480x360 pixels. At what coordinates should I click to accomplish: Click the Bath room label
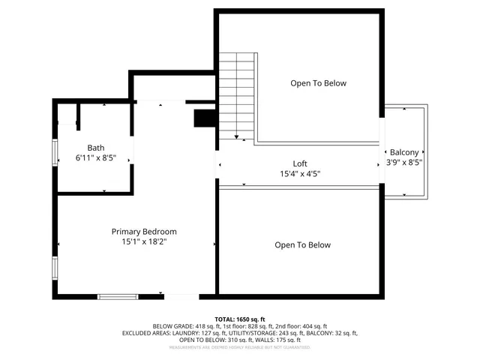[95, 148]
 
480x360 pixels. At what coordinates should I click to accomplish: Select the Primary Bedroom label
[144, 232]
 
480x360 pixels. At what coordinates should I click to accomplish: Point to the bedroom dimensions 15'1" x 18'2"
[144, 242]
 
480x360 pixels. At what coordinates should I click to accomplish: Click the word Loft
[299, 163]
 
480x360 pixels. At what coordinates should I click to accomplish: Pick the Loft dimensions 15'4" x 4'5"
[299, 174]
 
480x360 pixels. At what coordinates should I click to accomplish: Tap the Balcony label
[403, 151]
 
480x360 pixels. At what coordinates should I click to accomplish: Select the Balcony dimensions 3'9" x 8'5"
[404, 162]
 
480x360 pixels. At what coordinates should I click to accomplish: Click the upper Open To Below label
[318, 83]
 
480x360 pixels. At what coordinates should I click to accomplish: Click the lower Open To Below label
[302, 245]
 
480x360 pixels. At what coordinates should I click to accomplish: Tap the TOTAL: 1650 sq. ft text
[240, 319]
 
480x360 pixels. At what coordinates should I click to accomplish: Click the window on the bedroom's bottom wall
[118, 297]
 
